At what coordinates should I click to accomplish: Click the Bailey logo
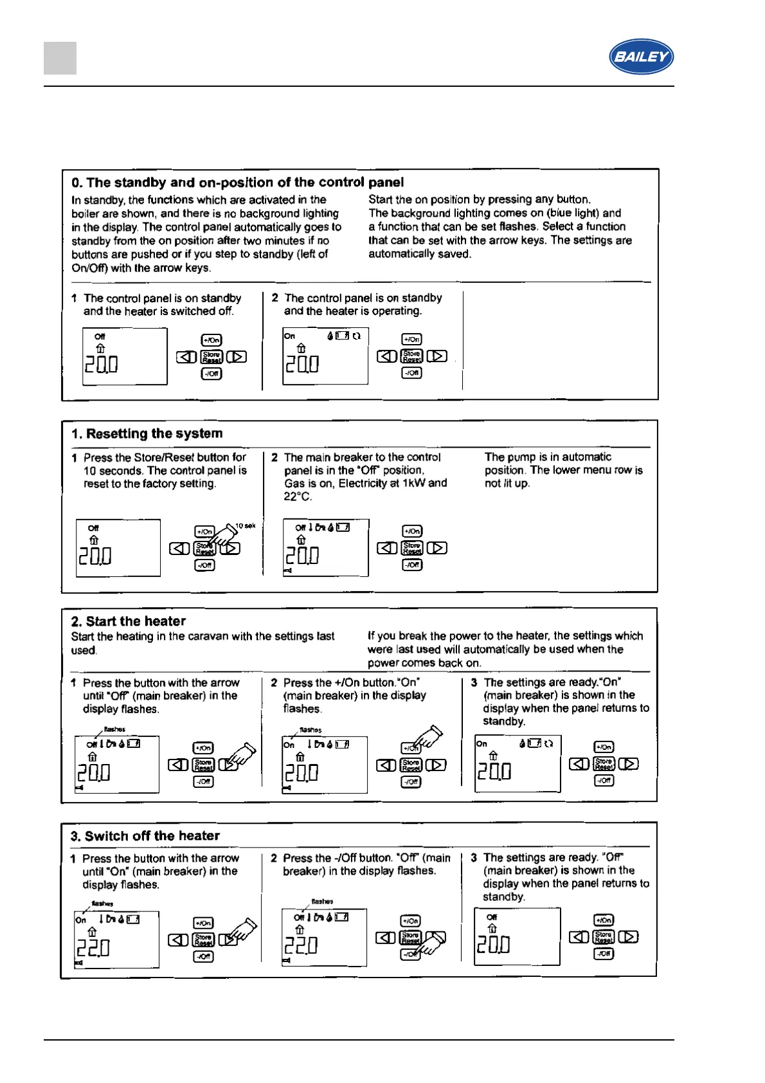[x=641, y=57]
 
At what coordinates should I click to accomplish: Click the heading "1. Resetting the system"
[x=147, y=433]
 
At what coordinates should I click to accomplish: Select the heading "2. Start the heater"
[x=129, y=621]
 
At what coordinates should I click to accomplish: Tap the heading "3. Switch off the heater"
[x=145, y=836]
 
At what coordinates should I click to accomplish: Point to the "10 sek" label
[x=245, y=526]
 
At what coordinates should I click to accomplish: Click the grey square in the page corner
[x=60, y=58]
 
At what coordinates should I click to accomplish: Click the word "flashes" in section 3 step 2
[x=322, y=902]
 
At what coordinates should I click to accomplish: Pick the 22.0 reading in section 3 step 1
[x=94, y=947]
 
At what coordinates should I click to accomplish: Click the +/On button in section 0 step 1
[x=212, y=340]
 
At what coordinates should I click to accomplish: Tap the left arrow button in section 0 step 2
[x=386, y=356]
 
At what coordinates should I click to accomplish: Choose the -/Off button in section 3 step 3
[x=604, y=953]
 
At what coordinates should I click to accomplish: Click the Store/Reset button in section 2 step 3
[x=604, y=764]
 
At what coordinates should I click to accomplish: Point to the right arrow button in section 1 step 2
[x=437, y=548]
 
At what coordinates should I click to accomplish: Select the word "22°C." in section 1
[x=298, y=496]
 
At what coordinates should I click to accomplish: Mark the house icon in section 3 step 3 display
[x=492, y=929]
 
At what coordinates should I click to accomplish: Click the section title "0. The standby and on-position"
[x=238, y=183]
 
